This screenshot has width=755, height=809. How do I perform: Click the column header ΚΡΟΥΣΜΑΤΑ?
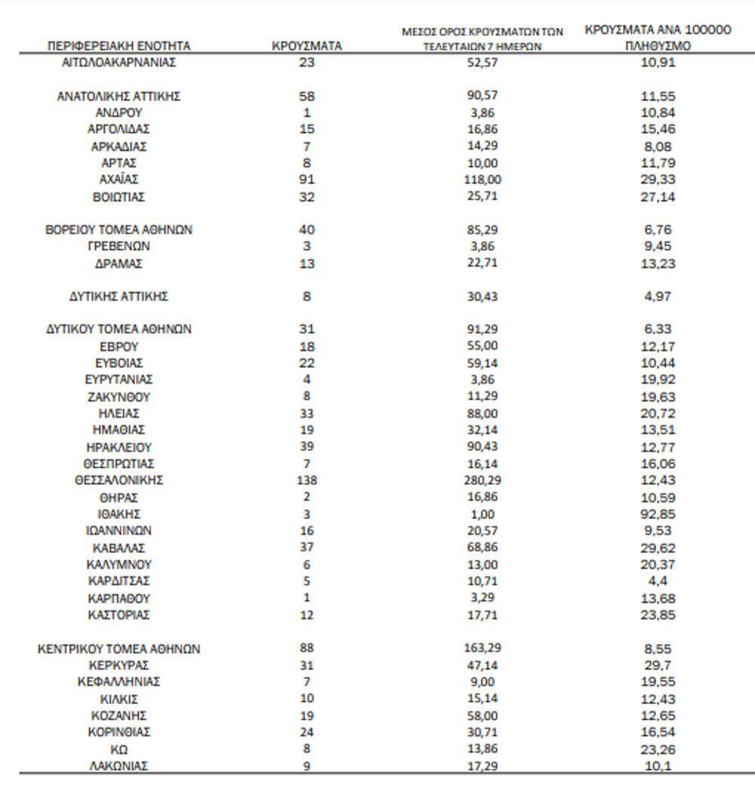pyautogui.click(x=307, y=46)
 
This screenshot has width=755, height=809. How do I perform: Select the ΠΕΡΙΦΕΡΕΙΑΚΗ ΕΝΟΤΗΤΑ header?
pyautogui.click(x=119, y=46)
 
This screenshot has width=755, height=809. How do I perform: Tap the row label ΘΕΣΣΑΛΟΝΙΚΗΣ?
pyautogui.click(x=119, y=480)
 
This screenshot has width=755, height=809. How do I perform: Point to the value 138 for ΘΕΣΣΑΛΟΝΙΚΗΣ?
pyautogui.click(x=307, y=480)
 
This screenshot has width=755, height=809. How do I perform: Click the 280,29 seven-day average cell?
pyautogui.click(x=482, y=480)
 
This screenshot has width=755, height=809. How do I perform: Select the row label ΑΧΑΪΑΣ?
pyautogui.click(x=119, y=180)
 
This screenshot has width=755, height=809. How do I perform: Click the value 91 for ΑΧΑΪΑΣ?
pyautogui.click(x=307, y=180)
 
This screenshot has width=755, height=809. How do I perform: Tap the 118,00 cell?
pyautogui.click(x=482, y=180)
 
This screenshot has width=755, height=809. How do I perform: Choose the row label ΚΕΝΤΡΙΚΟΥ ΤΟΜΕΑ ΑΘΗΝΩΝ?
pyautogui.click(x=119, y=649)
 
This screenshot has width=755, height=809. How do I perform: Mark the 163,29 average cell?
pyautogui.click(x=482, y=648)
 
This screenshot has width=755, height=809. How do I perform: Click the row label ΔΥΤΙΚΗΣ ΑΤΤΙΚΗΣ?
pyautogui.click(x=119, y=297)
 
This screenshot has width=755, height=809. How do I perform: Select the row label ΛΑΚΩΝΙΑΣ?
pyautogui.click(x=119, y=766)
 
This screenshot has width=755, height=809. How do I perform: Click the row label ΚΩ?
pyautogui.click(x=119, y=749)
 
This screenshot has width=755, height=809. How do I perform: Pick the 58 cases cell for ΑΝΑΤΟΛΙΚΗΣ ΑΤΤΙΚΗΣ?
pyautogui.click(x=307, y=97)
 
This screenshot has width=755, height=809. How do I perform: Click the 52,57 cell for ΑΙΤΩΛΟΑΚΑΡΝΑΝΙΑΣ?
pyautogui.click(x=482, y=63)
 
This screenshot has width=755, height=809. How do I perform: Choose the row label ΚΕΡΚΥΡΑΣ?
pyautogui.click(x=119, y=665)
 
